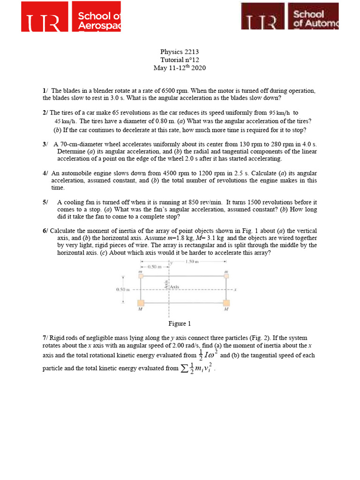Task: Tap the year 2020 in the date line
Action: point(198,68)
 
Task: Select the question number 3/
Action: point(45,144)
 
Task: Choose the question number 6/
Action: point(45,231)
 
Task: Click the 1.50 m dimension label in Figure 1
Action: point(190,261)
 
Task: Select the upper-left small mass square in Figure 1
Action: point(140,277)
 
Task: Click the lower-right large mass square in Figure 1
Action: point(226,303)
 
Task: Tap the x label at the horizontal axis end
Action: point(235,290)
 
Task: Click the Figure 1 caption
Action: point(180,323)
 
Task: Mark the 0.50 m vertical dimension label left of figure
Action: point(122,290)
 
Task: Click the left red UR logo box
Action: point(45,16)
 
